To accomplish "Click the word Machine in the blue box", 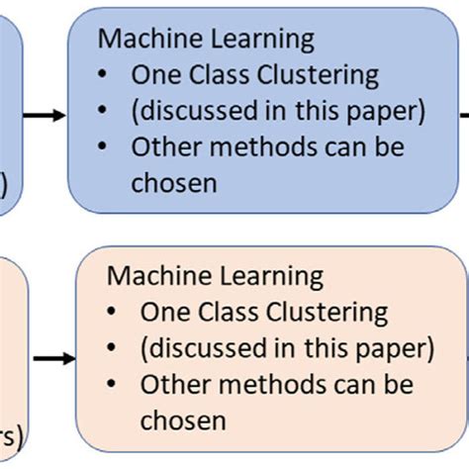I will click(140, 40).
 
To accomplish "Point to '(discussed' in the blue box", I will click(188, 111).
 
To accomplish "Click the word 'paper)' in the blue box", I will click(389, 111).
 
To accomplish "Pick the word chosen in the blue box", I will click(173, 182).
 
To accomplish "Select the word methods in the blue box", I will click(259, 146).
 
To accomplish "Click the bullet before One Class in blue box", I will click(105, 76).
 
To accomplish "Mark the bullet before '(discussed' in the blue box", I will click(105, 111).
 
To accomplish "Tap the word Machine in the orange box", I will click(149, 276).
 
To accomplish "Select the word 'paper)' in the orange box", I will click(399, 348).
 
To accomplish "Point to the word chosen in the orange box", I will click(183, 420).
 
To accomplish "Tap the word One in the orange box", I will click(163, 313).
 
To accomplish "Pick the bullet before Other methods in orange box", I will click(115, 384).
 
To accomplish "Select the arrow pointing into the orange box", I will click(54, 357).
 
